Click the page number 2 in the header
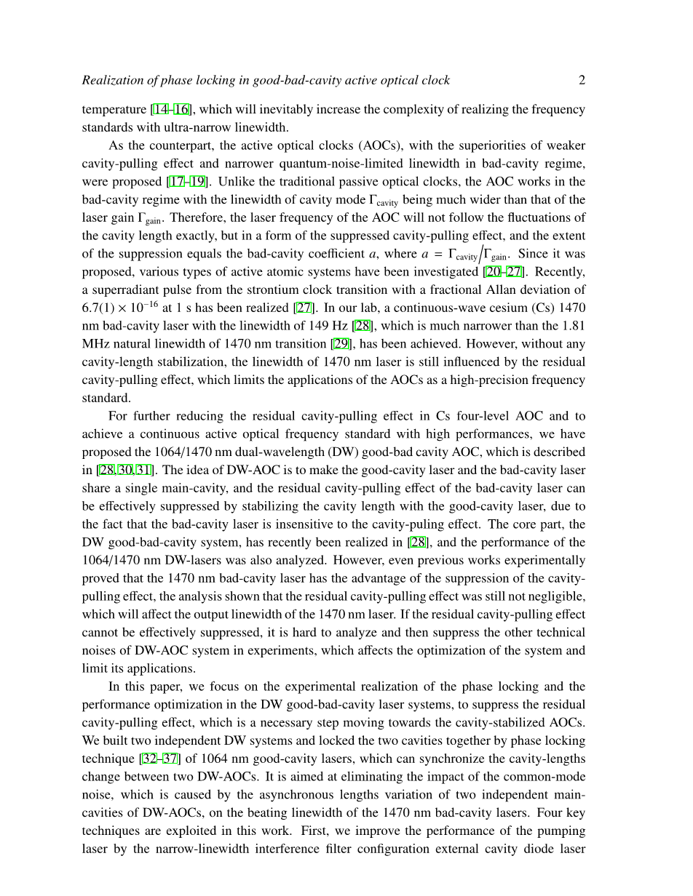(x=582, y=80)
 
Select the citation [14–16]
(x=171, y=110)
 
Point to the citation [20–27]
(x=503, y=272)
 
